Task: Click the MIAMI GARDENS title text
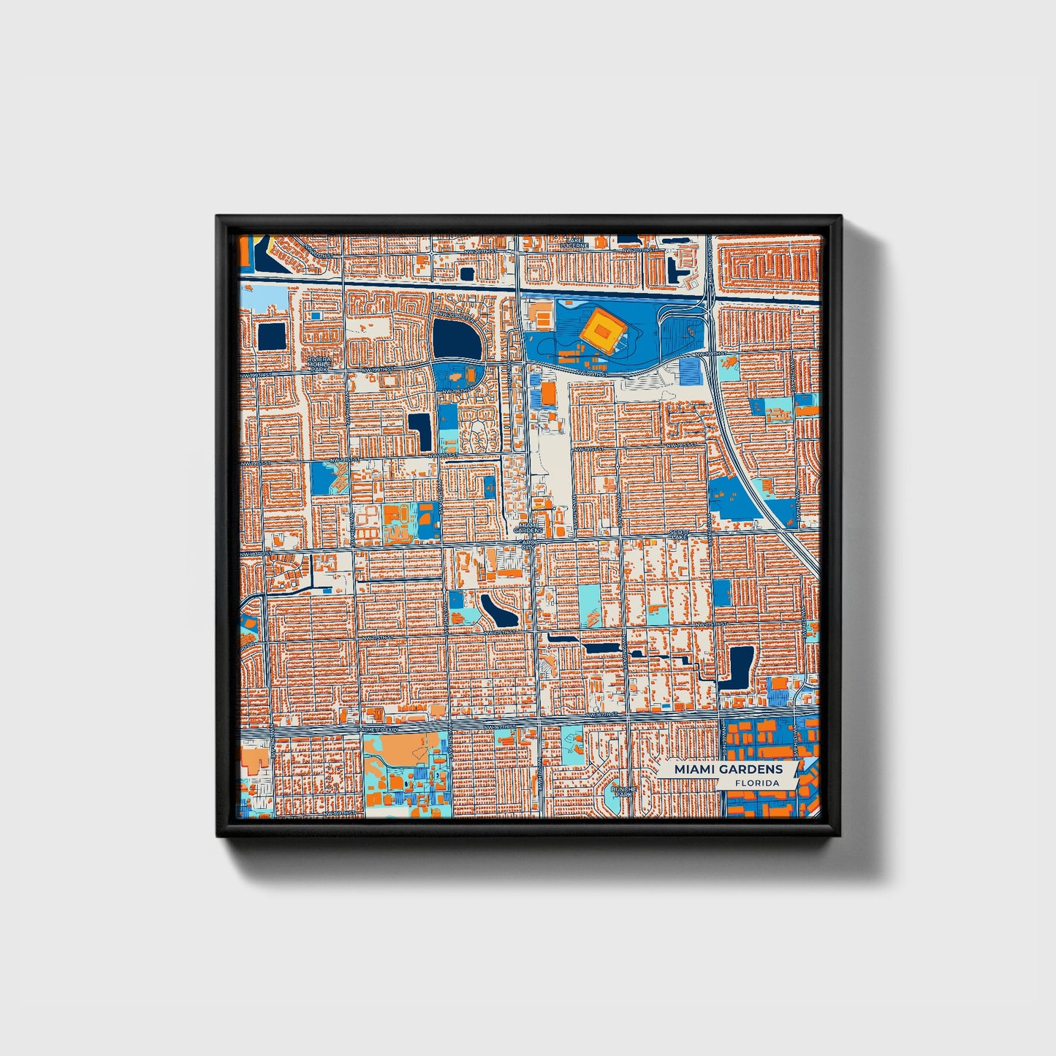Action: [728, 769]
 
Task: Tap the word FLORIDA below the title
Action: [756, 783]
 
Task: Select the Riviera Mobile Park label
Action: [319, 364]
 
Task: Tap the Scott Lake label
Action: [679, 535]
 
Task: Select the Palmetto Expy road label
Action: [378, 729]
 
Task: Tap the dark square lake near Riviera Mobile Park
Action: [272, 336]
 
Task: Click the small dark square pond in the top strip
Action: [466, 274]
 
